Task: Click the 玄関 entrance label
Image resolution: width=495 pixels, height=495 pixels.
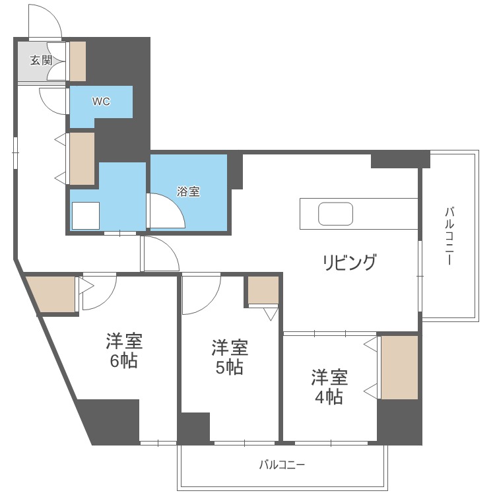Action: tap(42, 60)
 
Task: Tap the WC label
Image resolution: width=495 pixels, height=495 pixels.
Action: tap(101, 102)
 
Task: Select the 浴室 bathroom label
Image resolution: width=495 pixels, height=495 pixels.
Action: tap(188, 191)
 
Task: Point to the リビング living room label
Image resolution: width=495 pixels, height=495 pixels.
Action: tap(349, 262)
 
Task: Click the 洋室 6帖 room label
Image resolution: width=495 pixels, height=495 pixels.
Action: tap(124, 350)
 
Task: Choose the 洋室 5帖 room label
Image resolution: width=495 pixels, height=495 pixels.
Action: tap(230, 356)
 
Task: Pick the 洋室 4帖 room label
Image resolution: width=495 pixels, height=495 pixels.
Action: tap(329, 387)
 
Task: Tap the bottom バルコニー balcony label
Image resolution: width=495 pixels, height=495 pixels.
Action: tap(282, 465)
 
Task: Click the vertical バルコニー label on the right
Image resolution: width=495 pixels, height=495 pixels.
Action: tap(449, 236)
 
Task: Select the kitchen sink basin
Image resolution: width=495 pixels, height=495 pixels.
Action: tap(335, 214)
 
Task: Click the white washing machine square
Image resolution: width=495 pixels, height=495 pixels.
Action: tap(86, 216)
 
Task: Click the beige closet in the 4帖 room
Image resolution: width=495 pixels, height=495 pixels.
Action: tap(400, 368)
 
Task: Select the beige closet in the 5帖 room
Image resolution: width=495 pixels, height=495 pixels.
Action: tap(263, 290)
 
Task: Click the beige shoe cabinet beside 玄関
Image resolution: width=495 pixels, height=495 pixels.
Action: tap(78, 61)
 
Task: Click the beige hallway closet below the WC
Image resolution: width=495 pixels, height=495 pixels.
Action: tap(82, 158)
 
